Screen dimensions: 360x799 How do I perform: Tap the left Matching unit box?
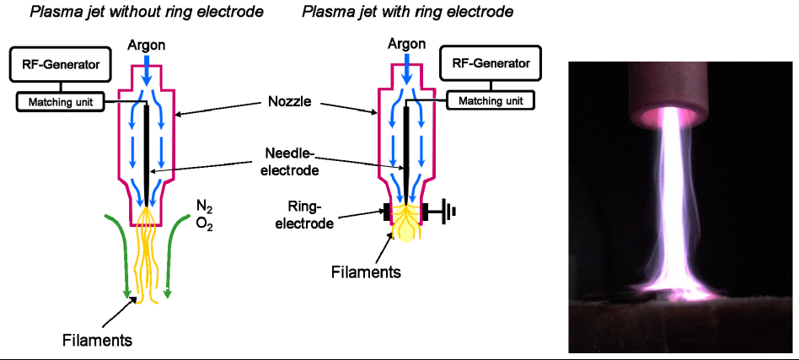coord(60,101)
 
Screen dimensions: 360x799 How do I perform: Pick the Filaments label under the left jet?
coord(98,341)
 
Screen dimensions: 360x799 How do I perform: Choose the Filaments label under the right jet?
coord(366,271)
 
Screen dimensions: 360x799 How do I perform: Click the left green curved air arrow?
coord(117,253)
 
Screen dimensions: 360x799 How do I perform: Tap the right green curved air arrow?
coord(174,253)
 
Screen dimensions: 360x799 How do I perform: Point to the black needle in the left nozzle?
coord(147,152)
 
